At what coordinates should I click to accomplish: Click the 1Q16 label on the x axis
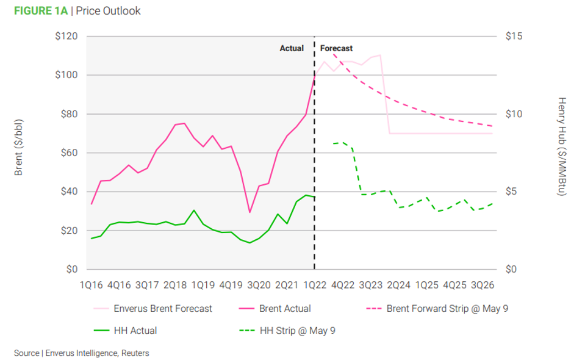click(91, 285)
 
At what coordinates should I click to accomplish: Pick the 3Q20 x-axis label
click(259, 285)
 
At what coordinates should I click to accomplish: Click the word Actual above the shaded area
click(292, 48)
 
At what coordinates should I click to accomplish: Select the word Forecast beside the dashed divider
click(337, 48)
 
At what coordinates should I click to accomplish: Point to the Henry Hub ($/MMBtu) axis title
click(561, 147)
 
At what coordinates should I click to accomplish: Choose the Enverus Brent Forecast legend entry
click(163, 309)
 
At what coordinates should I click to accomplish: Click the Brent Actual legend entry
click(285, 309)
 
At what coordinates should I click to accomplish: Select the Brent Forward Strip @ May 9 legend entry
click(447, 309)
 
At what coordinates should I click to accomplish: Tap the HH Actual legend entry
click(135, 331)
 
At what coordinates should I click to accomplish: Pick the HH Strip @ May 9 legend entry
click(298, 331)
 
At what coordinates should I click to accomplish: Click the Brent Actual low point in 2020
click(250, 212)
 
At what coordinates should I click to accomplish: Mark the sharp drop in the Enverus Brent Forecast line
click(385, 95)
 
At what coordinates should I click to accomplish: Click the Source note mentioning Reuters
click(81, 353)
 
